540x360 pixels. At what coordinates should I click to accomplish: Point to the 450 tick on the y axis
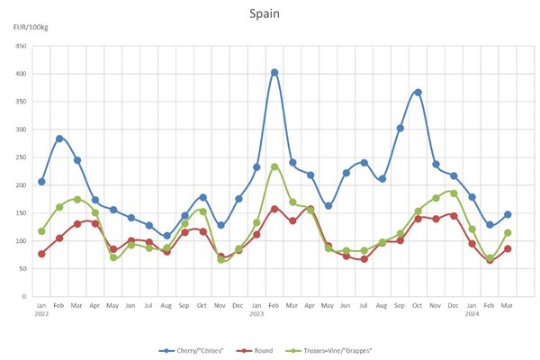(20, 46)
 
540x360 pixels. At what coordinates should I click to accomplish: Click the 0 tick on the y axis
(24, 296)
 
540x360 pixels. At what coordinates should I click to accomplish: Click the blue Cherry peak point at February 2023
(274, 73)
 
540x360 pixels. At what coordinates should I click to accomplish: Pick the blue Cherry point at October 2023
(418, 93)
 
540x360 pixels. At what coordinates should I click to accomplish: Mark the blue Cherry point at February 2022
(59, 139)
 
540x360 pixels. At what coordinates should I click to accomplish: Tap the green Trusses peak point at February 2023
(274, 166)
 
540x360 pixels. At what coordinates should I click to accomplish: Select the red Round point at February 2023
(274, 209)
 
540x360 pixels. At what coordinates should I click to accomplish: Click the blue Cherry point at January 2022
(41, 182)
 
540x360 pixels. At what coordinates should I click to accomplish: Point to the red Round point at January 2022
(41, 254)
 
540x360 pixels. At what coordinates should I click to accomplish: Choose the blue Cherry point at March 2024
(508, 214)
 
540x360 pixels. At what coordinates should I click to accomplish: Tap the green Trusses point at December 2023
(454, 193)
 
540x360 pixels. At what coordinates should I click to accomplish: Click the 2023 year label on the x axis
(256, 314)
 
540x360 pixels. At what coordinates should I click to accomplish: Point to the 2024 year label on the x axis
(472, 314)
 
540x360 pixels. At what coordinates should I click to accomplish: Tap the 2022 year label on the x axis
(41, 314)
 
